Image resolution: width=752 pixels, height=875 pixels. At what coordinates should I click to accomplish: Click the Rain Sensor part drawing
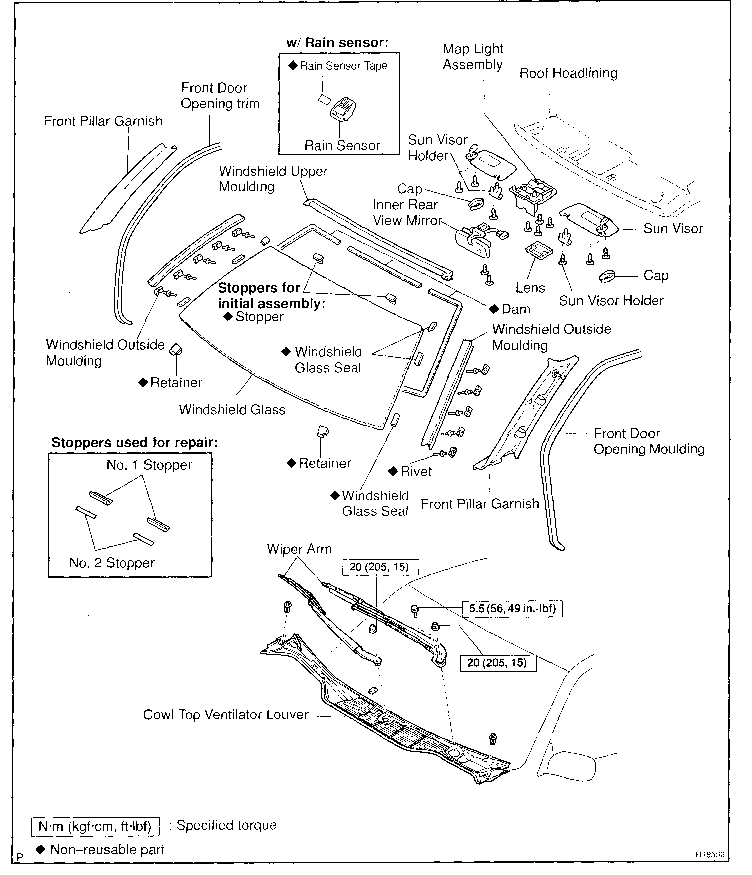tap(343, 107)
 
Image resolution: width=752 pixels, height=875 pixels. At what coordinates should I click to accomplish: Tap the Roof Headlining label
tap(568, 73)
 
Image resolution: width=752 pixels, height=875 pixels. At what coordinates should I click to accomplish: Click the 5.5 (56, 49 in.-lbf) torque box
tap(513, 608)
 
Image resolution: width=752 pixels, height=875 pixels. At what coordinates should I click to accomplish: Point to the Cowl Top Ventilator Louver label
tap(226, 715)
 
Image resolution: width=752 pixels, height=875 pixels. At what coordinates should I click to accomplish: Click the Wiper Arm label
tap(299, 549)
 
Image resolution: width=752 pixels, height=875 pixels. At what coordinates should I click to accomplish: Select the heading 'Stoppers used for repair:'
tap(135, 443)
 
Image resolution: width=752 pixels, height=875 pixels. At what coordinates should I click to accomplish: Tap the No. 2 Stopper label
tap(112, 563)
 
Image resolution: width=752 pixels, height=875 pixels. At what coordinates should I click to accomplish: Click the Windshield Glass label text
tap(232, 410)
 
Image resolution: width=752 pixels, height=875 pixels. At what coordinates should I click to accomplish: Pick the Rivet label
tap(416, 471)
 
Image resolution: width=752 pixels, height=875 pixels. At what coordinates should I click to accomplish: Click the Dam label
tap(515, 309)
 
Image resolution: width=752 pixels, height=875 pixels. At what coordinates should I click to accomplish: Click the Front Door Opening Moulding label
tap(648, 441)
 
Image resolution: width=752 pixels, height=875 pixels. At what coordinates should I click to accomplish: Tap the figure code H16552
tap(710, 855)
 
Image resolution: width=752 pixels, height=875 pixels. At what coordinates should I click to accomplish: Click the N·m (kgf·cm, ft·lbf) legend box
tap(95, 826)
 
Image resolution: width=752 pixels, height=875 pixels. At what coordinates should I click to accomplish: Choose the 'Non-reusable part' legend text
tap(107, 849)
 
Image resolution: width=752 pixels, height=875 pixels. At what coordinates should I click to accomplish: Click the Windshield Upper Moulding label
tap(273, 179)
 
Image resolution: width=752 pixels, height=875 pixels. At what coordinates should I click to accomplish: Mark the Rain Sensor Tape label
tap(343, 66)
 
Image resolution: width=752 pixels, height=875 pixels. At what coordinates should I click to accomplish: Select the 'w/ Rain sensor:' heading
tap(338, 43)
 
